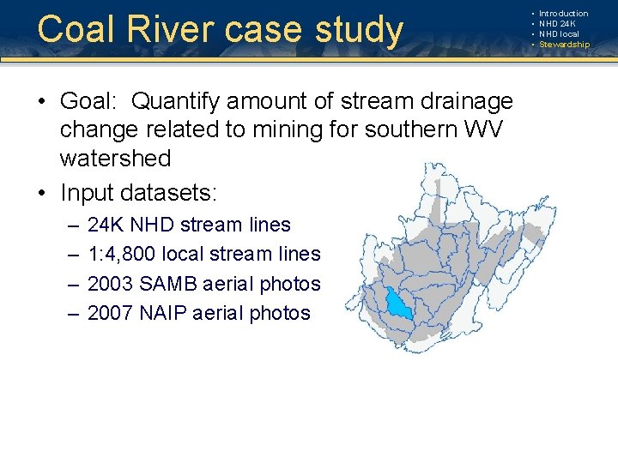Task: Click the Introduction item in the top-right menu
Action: [563, 14]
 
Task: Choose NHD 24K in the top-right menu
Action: [558, 24]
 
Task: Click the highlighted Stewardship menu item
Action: [564, 45]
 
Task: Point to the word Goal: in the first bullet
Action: [90, 101]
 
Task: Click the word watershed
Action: [115, 159]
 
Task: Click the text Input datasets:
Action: [134, 188]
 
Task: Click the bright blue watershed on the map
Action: [398, 304]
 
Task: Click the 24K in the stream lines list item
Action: [106, 225]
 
